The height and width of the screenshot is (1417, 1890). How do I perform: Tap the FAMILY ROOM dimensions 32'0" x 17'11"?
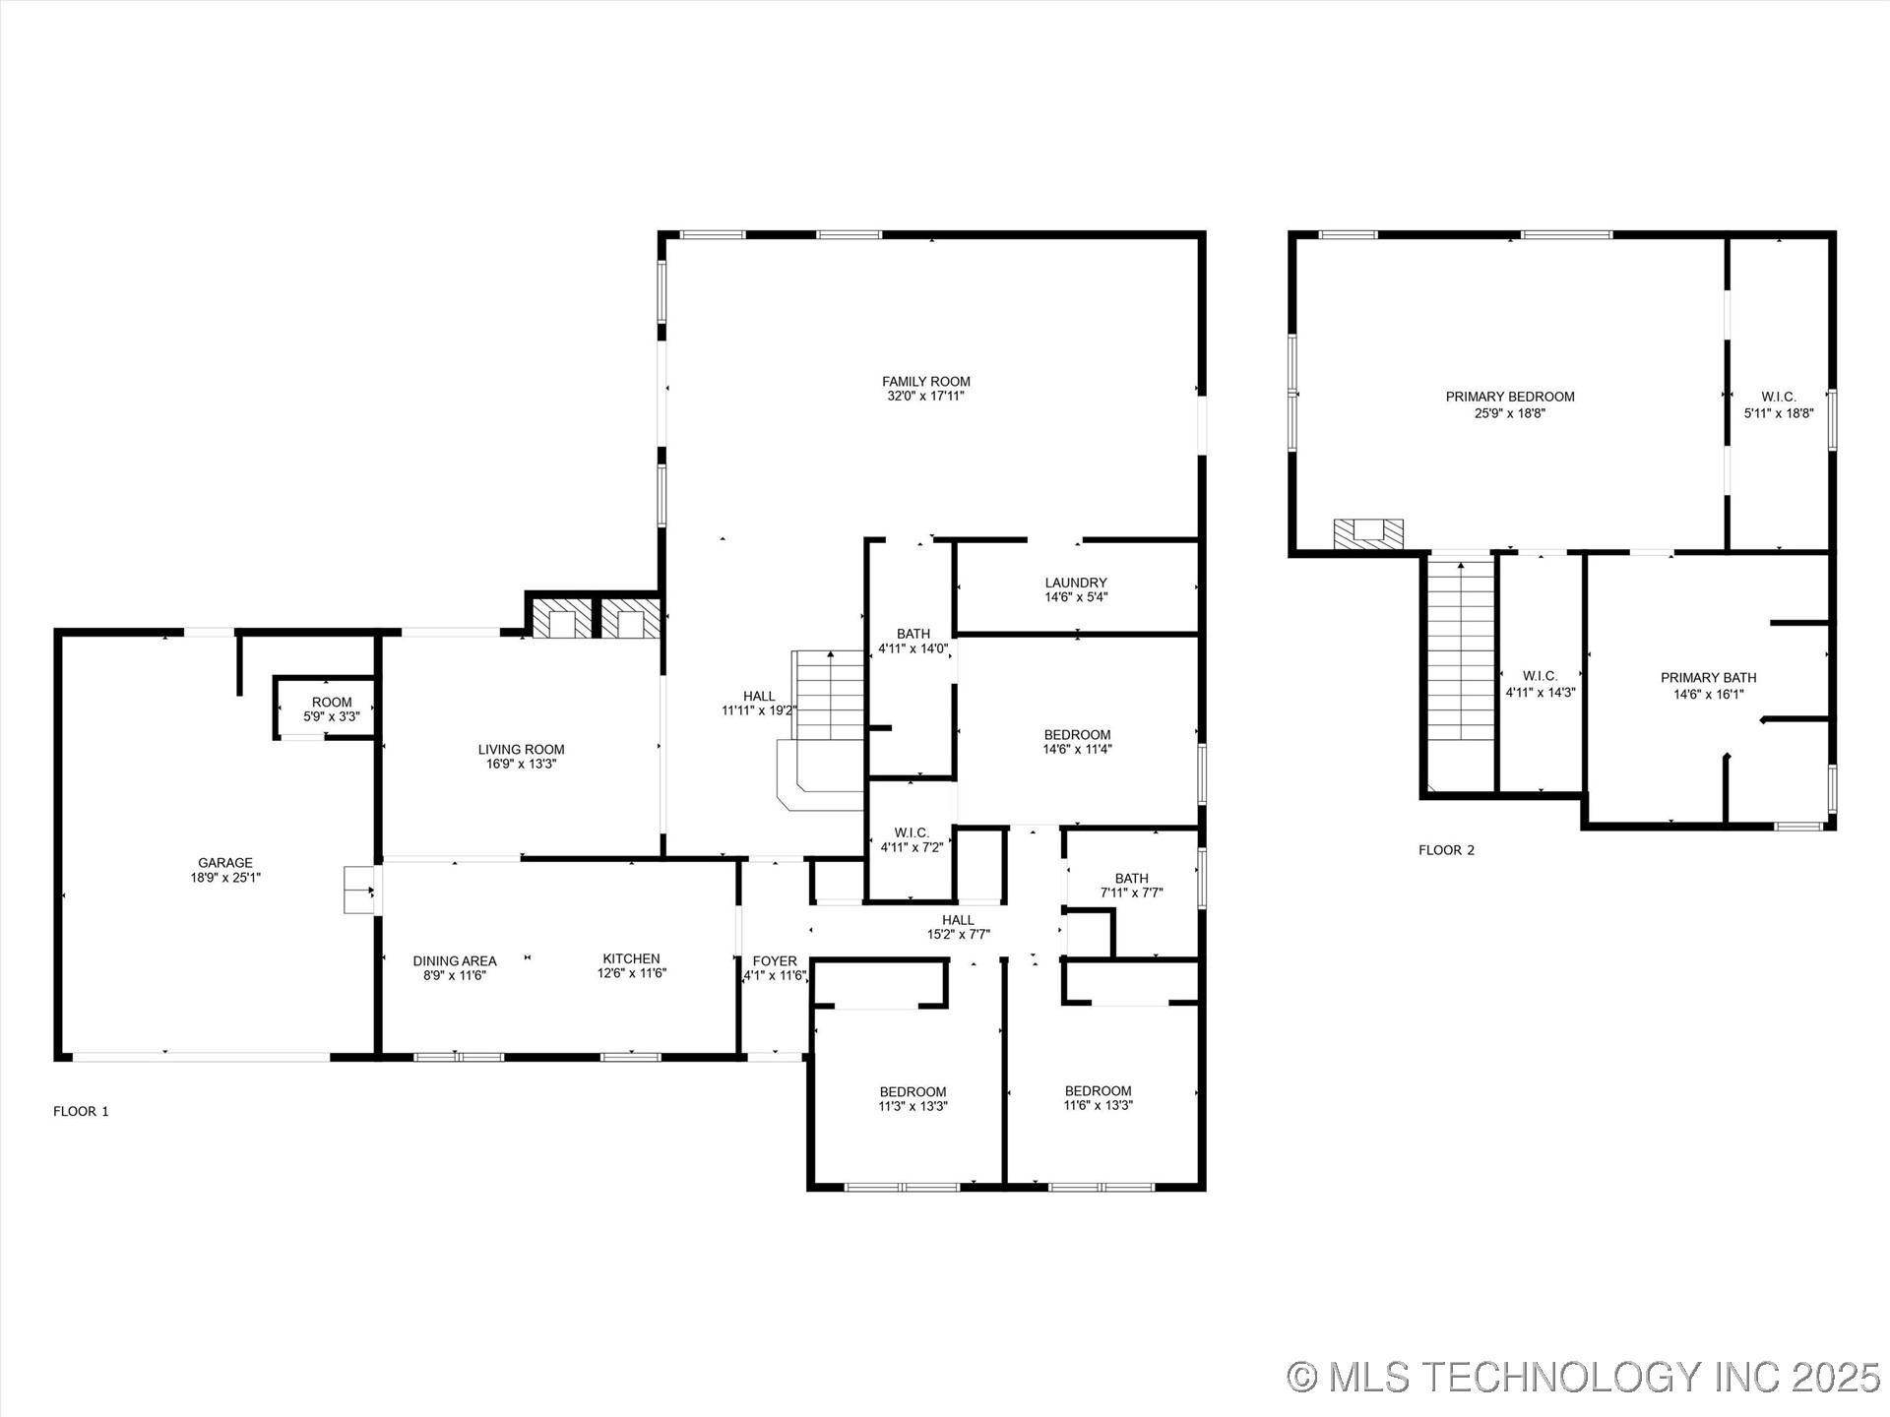(x=925, y=397)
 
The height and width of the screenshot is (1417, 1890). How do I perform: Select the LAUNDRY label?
(x=1076, y=583)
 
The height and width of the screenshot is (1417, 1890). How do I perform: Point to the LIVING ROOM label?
(x=521, y=750)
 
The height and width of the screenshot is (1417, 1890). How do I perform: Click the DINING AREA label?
(x=454, y=961)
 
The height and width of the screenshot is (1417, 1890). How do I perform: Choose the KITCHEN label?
(x=631, y=958)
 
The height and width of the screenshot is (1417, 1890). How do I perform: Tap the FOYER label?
(x=775, y=961)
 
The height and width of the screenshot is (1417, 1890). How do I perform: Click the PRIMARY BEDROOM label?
(x=1509, y=397)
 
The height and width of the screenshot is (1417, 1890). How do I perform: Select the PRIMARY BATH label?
(x=1708, y=678)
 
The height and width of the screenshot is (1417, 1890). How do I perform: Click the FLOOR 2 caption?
(x=1446, y=850)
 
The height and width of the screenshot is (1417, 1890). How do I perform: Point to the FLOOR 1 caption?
(x=81, y=1111)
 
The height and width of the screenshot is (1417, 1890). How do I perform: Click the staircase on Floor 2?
(x=1461, y=649)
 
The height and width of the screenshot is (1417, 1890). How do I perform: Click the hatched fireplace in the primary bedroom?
(x=1367, y=533)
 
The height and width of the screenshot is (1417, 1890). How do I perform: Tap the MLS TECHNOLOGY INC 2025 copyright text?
(x=1584, y=1377)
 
